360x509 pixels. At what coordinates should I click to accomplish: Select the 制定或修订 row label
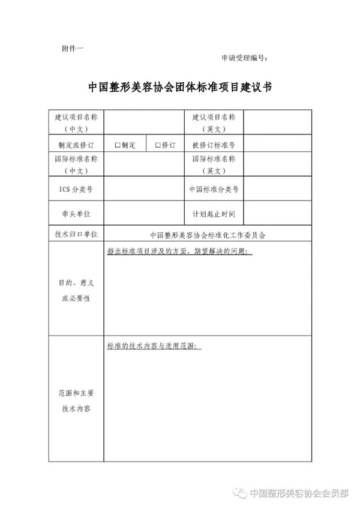click(x=76, y=145)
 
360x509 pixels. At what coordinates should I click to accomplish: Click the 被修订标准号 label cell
click(x=214, y=145)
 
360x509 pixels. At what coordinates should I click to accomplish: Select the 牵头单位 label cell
click(x=76, y=214)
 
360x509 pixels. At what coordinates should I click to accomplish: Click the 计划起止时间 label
click(x=214, y=214)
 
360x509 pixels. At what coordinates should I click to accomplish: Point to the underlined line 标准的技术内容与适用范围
click(x=154, y=346)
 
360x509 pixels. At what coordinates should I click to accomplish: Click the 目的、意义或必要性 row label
click(x=76, y=290)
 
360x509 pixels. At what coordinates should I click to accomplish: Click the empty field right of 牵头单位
click(x=144, y=214)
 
